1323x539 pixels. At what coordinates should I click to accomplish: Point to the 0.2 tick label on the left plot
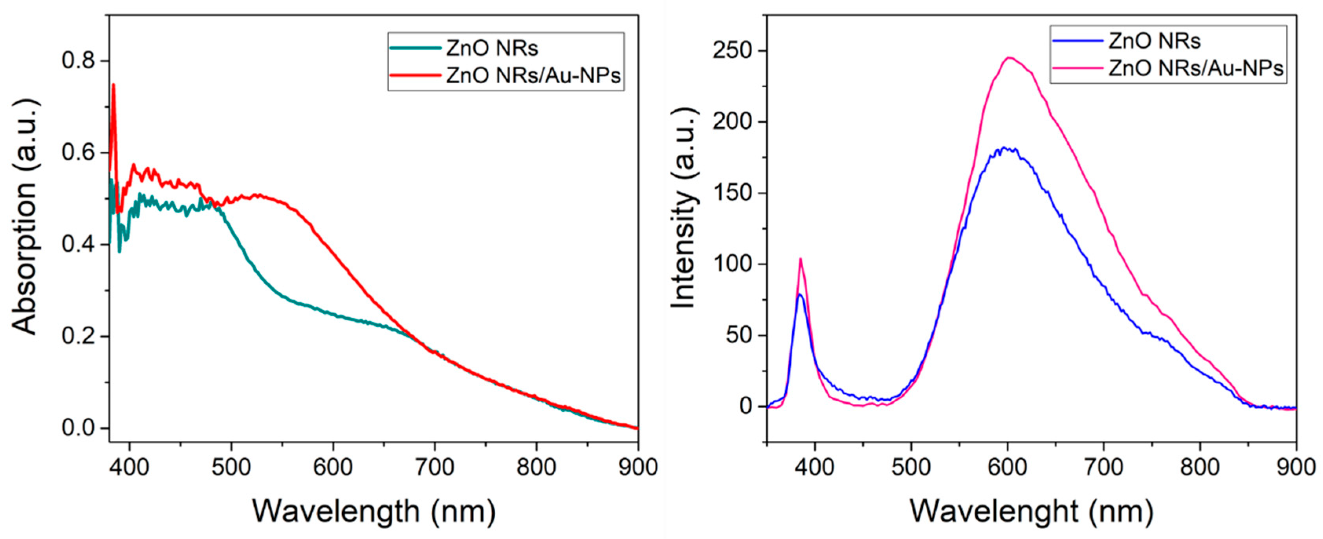click(x=78, y=337)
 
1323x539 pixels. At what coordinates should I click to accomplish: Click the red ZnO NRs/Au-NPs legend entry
click(x=533, y=75)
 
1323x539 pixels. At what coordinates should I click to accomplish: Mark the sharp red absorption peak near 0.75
click(x=114, y=85)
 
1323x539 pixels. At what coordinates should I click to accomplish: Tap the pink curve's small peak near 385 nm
click(x=800, y=259)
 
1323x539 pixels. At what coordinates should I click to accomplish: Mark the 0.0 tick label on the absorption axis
click(x=78, y=428)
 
